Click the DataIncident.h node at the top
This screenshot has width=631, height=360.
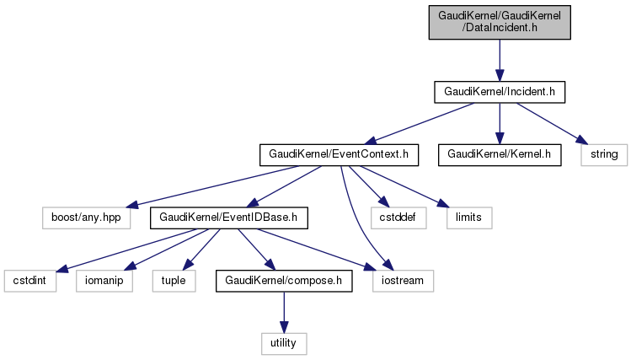point(499,21)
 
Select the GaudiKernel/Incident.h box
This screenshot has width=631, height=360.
point(499,91)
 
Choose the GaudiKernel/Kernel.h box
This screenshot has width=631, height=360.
point(499,154)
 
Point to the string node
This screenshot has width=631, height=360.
point(604,154)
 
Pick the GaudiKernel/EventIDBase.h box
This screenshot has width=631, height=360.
point(229,218)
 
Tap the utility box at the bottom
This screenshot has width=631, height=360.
point(283,343)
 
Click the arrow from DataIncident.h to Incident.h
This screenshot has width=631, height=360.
point(499,59)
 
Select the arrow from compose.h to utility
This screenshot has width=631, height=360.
point(283,312)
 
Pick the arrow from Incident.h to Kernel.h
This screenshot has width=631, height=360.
point(499,122)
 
